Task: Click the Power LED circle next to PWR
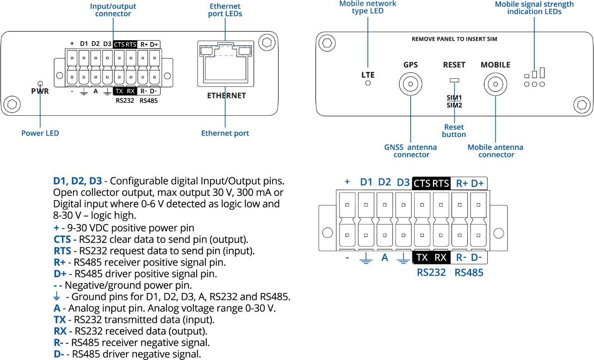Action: pos(40,84)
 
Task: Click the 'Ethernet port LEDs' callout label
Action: pos(225,10)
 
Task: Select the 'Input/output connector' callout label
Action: pos(113,10)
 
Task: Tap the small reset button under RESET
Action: pos(454,81)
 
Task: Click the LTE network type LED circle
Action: pos(368,83)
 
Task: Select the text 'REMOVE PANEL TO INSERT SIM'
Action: pos(454,39)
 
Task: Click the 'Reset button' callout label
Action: pos(454,130)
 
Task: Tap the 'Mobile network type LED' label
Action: pos(368,7)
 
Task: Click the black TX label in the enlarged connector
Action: pos(422,258)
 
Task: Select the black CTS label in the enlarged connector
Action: pos(421,183)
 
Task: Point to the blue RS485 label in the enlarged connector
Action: pos(469,273)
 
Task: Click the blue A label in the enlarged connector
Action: pos(384,258)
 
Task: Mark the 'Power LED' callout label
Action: pos(40,133)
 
